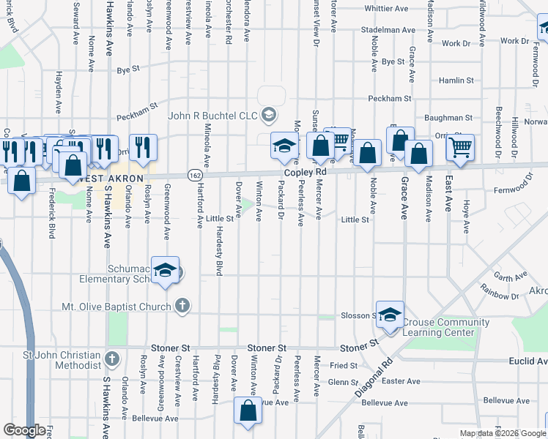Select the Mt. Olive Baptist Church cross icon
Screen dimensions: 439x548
(x=183, y=306)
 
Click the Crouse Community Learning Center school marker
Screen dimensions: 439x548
(x=390, y=315)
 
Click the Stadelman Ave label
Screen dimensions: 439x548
(x=388, y=30)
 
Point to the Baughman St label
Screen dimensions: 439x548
(x=448, y=117)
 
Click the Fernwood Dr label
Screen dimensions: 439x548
(x=526, y=189)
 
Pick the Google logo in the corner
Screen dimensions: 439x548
(x=25, y=430)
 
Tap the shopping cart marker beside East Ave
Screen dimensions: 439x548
(x=460, y=147)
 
